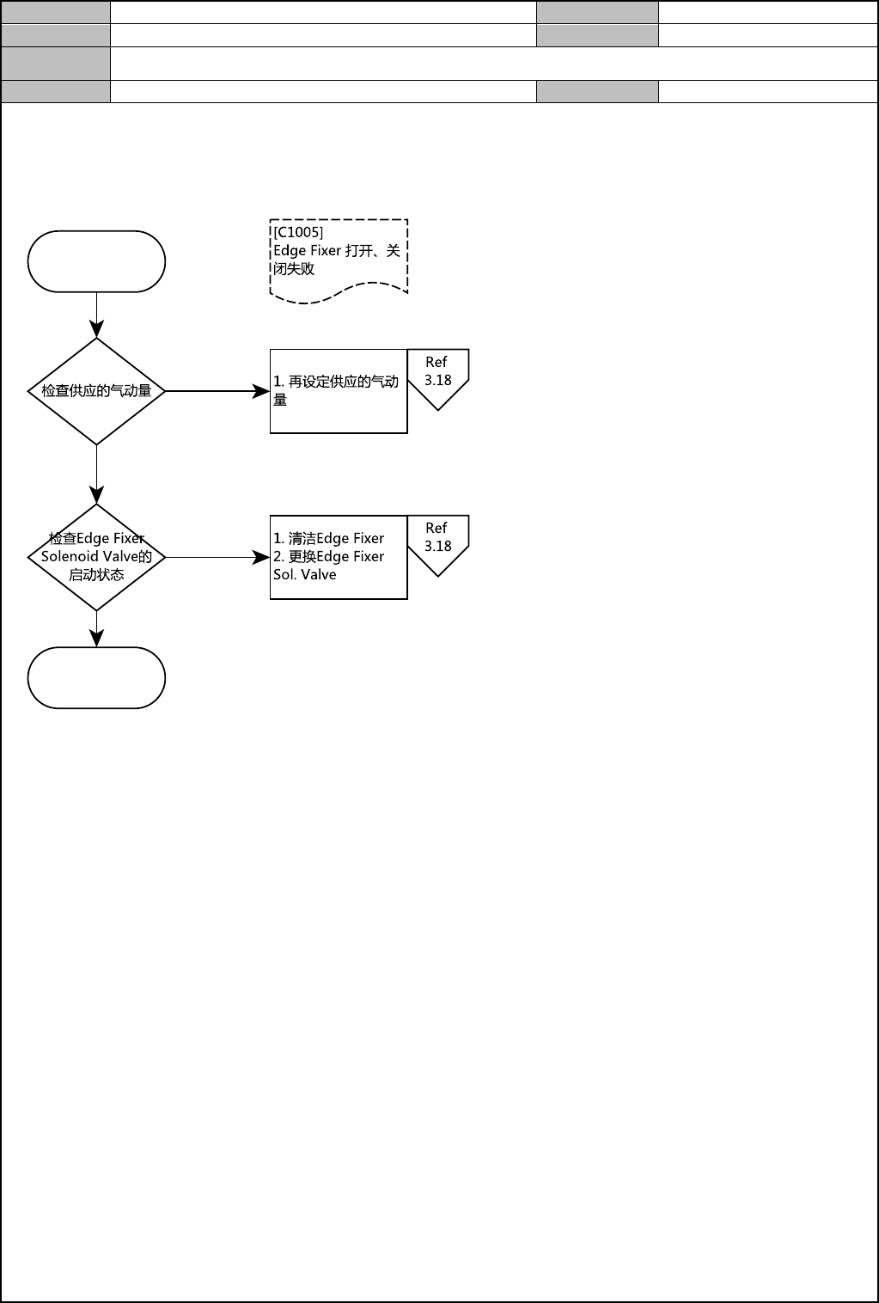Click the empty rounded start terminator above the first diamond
pos(96,261)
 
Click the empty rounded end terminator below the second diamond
pos(96,677)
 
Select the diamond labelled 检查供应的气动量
pos(96,391)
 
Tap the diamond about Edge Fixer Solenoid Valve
pos(96,557)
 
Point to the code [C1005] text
pos(298,232)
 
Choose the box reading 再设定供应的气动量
pos(339,391)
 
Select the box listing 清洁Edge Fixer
pos(339,557)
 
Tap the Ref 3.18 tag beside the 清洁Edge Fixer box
pos(437,542)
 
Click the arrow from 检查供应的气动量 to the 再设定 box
pos(217,391)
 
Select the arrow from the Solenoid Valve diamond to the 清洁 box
pos(217,557)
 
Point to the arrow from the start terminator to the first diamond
pos(97,315)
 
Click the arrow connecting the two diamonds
pos(97,474)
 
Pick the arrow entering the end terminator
pos(97,628)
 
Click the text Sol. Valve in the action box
pos(305,575)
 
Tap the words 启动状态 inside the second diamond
pos(96,575)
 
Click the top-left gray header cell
pos(56,12)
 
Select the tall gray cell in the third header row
pos(56,63)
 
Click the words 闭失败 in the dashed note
pos(294,269)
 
